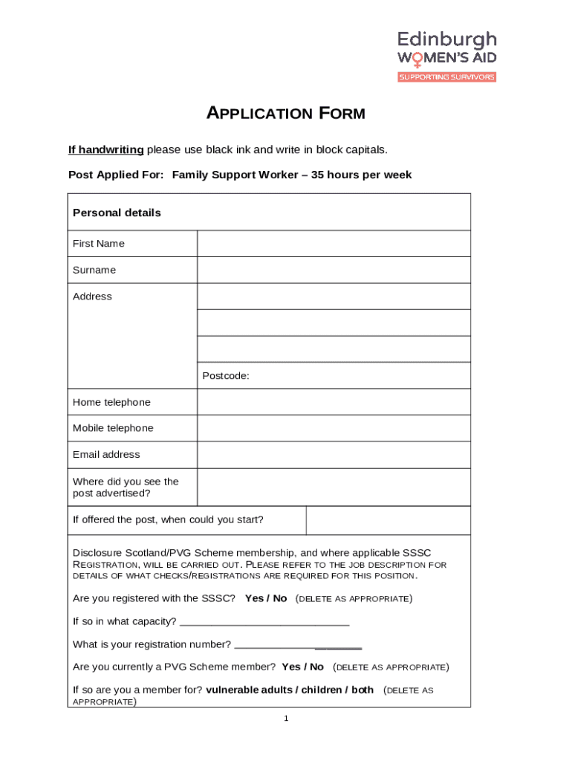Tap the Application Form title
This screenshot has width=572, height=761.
click(285, 114)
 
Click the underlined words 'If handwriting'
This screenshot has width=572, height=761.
click(106, 149)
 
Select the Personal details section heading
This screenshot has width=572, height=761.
click(117, 213)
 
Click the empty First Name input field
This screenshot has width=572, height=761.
click(334, 244)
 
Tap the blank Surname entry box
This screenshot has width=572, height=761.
click(334, 270)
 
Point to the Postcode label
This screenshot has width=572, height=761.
click(226, 376)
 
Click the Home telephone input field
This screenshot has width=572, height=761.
click(334, 402)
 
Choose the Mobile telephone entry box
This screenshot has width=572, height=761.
click(334, 428)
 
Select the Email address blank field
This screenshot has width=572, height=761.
click(334, 455)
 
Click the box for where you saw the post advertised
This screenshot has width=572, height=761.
click(334, 487)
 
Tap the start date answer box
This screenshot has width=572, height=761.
click(388, 520)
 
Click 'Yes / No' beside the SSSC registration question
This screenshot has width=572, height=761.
click(266, 598)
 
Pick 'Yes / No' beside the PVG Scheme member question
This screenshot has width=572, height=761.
click(303, 667)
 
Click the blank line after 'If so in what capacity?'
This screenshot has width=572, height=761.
click(264, 622)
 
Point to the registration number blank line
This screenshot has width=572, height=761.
click(297, 645)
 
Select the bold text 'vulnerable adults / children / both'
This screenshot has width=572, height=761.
click(290, 690)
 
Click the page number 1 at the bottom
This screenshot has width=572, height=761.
click(286, 719)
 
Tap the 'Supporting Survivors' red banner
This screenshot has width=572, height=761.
click(446, 77)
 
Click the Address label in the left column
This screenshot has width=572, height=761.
click(92, 297)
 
